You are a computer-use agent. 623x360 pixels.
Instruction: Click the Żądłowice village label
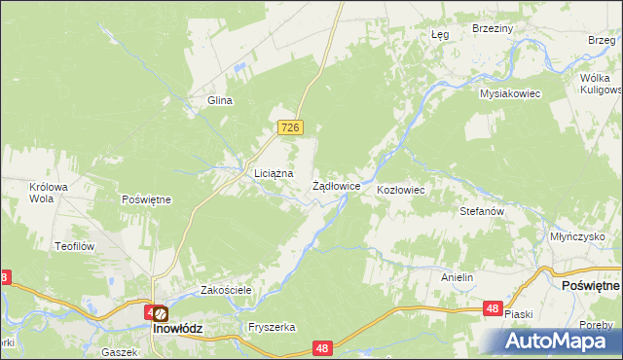coord(337,185)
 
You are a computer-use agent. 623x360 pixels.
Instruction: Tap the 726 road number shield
coord(291,128)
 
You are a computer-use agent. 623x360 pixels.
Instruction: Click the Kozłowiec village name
coord(400,190)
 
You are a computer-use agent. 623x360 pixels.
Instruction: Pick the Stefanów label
coord(481,210)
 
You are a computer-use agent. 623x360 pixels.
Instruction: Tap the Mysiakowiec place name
coord(509,93)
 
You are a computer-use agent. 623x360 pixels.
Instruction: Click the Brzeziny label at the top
coord(492,29)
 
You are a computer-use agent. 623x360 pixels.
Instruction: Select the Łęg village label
coord(440,34)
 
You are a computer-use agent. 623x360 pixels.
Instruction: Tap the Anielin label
coord(457,277)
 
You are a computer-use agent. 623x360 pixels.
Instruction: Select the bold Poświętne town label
coord(591,287)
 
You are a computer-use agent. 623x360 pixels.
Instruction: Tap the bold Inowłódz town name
coord(177,329)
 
